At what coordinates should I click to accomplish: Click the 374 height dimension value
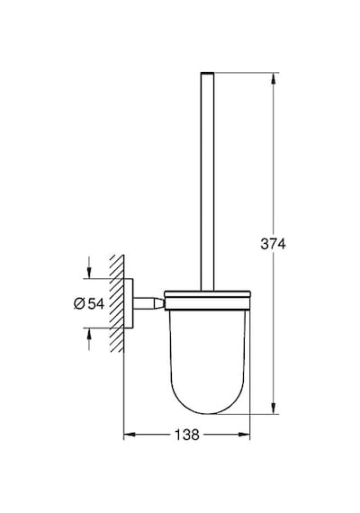[x=273, y=244]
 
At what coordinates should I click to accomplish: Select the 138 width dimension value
[x=187, y=435]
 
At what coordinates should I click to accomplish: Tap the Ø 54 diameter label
[x=89, y=303]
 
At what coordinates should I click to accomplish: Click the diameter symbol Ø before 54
[x=79, y=303]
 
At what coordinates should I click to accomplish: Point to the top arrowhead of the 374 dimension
[x=274, y=78]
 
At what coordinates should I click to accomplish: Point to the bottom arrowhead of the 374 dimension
[x=274, y=409]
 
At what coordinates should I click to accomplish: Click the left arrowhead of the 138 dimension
[x=130, y=435]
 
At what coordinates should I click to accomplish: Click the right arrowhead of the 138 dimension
[x=244, y=435]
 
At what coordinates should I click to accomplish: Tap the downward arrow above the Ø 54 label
[x=89, y=267]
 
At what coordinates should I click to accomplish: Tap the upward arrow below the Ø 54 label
[x=89, y=339]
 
